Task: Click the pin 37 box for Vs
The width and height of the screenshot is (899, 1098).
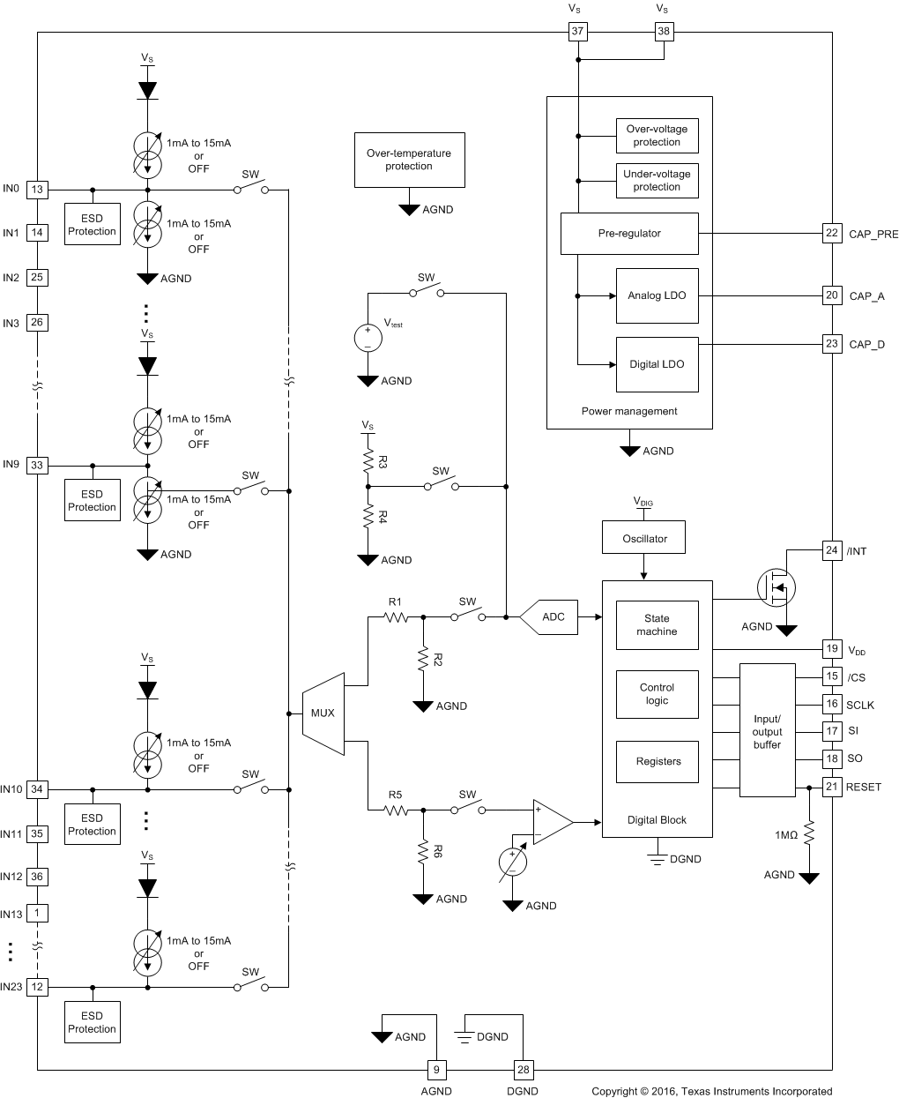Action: tap(577, 32)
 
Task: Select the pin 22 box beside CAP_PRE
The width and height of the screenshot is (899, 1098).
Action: tap(831, 233)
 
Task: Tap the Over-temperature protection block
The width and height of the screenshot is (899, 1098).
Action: tap(409, 160)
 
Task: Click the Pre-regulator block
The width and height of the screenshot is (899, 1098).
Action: tap(629, 233)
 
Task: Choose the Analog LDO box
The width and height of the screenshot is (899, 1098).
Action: tap(657, 295)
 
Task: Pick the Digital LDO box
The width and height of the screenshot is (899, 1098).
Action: tap(657, 364)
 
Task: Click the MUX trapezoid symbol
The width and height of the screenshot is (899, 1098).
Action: tap(323, 713)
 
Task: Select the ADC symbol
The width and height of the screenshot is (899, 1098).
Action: tap(550, 616)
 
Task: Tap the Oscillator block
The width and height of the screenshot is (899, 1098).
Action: tap(644, 538)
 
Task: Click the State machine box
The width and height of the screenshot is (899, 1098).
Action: tap(657, 624)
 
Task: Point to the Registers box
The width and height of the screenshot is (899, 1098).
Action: tap(658, 761)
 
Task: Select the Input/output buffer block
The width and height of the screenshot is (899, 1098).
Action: tap(767, 731)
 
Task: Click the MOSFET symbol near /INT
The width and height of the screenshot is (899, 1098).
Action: tap(776, 586)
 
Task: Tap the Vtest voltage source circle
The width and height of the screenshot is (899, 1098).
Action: tap(368, 338)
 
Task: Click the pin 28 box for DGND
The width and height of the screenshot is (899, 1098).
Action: tap(524, 1070)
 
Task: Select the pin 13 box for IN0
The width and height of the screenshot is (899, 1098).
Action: tap(37, 189)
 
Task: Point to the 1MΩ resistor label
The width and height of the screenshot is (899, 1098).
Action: tap(786, 834)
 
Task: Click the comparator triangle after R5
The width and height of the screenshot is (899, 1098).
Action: tap(550, 822)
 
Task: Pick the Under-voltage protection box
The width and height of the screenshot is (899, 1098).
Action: tap(657, 180)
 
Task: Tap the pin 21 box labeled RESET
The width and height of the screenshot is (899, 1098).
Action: tap(831, 787)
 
